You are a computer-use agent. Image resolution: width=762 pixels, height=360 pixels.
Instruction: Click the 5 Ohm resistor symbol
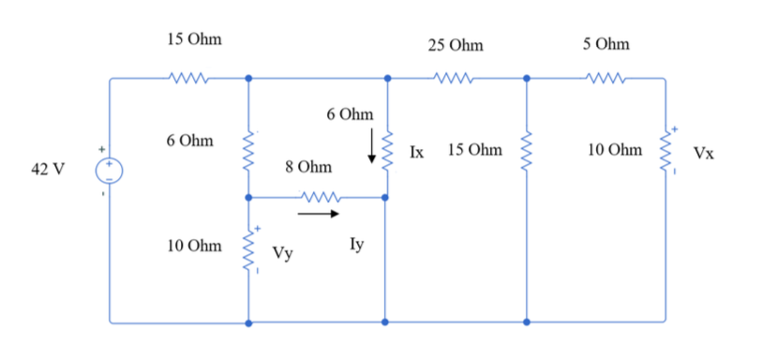(596, 80)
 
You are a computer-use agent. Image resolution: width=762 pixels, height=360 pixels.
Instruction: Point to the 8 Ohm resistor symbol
(318, 198)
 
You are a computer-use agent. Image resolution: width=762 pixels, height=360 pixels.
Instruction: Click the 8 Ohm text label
(308, 167)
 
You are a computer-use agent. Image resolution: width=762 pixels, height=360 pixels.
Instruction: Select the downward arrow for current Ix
(372, 146)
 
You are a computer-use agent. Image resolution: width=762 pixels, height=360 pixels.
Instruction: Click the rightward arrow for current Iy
(319, 213)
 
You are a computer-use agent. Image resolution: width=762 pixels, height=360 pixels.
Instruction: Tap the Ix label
(418, 150)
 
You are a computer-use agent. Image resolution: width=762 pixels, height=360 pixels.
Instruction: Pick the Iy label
(356, 245)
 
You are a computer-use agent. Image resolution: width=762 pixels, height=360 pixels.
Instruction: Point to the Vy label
(280, 252)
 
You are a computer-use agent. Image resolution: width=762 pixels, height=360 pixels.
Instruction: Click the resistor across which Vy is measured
(248, 249)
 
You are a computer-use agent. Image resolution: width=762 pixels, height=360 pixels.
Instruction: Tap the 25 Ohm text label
(456, 44)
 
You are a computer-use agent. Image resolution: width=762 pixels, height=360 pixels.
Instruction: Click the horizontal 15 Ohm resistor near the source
(180, 80)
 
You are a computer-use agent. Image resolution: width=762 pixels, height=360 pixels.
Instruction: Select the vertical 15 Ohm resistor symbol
(526, 150)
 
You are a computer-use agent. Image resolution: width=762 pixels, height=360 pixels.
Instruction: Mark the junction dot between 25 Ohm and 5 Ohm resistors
(526, 80)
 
